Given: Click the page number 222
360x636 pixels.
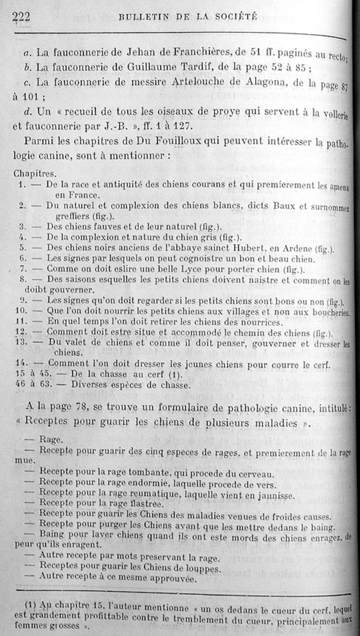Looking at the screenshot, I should click(21, 17).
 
